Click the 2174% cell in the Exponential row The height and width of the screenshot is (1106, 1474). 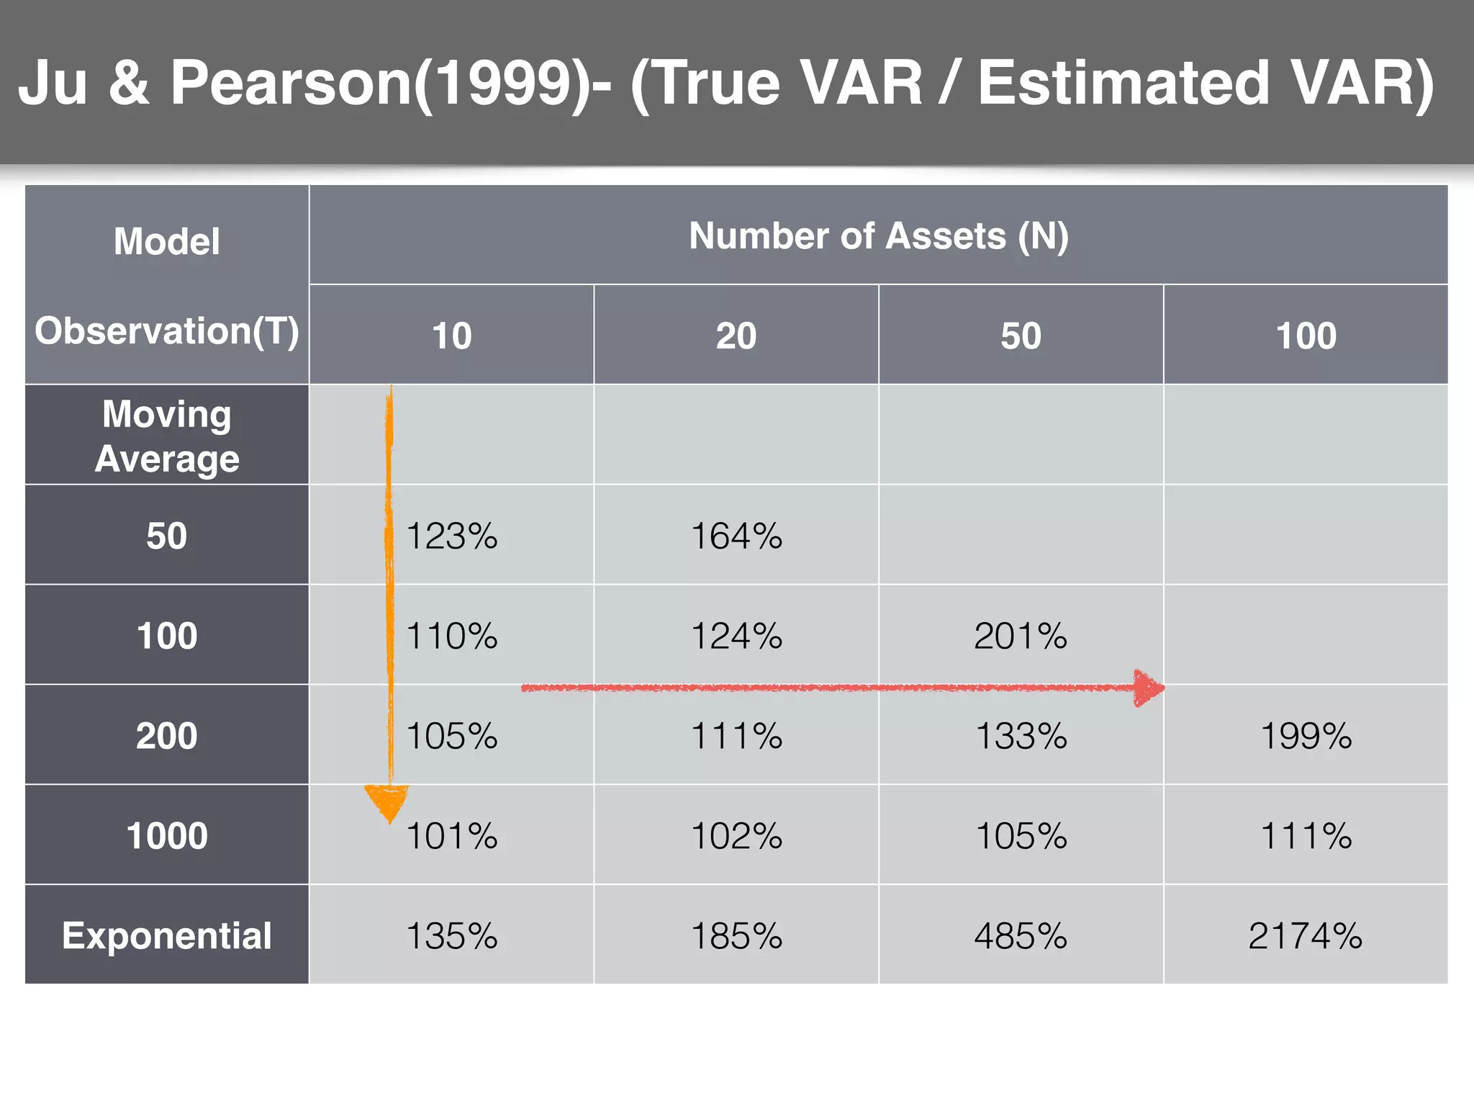(1305, 936)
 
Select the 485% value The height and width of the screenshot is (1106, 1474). (1021, 936)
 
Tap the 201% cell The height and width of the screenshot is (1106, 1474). (1021, 636)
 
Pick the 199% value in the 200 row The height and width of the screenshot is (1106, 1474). (1306, 736)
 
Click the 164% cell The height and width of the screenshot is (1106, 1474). (736, 536)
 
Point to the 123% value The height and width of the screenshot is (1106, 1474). (452, 536)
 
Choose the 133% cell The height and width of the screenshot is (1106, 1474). (1021, 736)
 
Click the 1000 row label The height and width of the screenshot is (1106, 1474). (167, 836)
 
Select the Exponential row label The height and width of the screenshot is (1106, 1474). (167, 936)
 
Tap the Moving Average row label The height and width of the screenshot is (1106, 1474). (167, 436)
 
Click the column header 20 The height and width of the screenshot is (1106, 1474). (736, 336)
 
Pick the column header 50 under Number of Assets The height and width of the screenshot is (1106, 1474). (1021, 336)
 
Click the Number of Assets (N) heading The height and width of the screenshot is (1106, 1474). (878, 236)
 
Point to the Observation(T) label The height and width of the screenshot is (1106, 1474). (167, 331)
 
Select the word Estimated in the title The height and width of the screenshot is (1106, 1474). (1123, 83)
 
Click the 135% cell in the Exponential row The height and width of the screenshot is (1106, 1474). (452, 936)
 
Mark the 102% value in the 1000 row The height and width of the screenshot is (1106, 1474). (736, 836)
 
